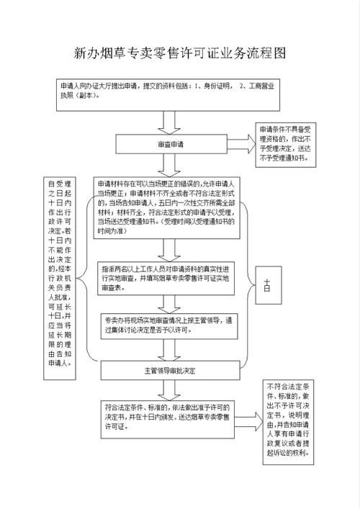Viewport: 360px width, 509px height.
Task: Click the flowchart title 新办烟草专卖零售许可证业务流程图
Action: coord(180,53)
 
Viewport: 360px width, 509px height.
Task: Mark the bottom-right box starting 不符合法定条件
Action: coord(287,420)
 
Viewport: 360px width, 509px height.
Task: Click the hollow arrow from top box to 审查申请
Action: coord(171,122)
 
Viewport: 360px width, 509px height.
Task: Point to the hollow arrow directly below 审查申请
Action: coord(171,164)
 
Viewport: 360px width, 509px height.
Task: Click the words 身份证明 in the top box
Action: coord(215,86)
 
